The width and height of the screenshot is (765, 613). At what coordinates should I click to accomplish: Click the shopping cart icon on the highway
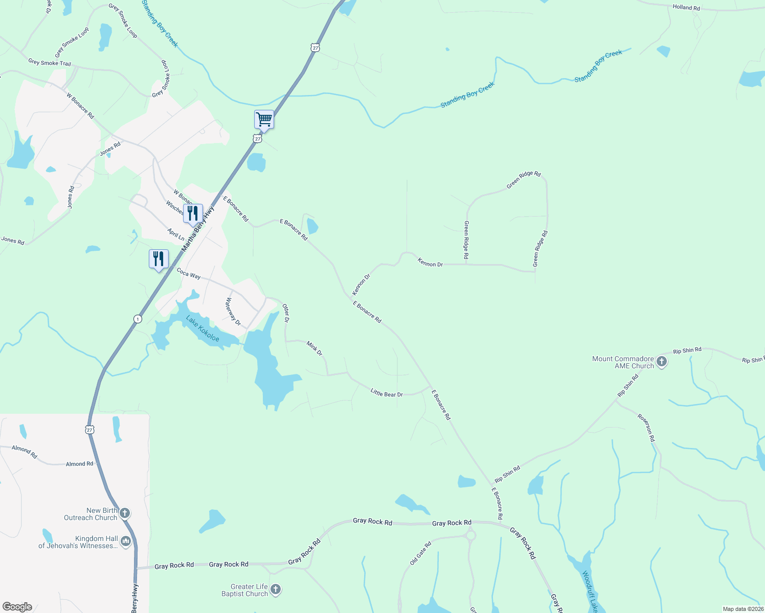pyautogui.click(x=264, y=120)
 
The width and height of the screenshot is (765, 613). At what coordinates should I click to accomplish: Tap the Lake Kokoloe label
pyautogui.click(x=202, y=329)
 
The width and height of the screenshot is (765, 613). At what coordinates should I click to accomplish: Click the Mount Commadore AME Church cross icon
pyautogui.click(x=662, y=362)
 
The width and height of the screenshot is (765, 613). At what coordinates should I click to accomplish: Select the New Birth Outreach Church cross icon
pyautogui.click(x=125, y=513)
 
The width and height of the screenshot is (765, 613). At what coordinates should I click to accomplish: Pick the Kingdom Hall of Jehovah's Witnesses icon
pyautogui.click(x=126, y=541)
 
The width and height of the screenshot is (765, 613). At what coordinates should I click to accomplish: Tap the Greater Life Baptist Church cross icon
pyautogui.click(x=276, y=590)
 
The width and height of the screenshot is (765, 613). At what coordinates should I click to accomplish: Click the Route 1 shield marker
pyautogui.click(x=138, y=319)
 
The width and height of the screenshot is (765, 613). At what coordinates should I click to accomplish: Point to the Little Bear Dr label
pyautogui.click(x=387, y=393)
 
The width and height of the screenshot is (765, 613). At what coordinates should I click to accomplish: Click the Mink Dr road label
pyautogui.click(x=314, y=348)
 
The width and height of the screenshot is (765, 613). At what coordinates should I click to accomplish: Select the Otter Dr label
pyautogui.click(x=286, y=313)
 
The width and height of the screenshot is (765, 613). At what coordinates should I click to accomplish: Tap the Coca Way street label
pyautogui.click(x=189, y=274)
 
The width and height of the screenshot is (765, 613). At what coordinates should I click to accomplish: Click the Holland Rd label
pyautogui.click(x=686, y=7)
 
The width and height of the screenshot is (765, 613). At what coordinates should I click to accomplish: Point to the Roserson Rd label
pyautogui.click(x=646, y=428)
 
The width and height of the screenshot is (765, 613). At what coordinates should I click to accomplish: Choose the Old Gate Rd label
pyautogui.click(x=420, y=553)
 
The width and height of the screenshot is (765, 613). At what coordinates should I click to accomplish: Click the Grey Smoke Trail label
pyautogui.click(x=50, y=63)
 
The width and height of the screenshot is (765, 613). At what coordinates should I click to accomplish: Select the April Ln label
pyautogui.click(x=176, y=234)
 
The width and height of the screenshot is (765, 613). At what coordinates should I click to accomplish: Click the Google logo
pyautogui.click(x=17, y=606)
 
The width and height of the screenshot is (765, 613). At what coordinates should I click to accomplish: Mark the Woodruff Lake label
pyautogui.click(x=590, y=592)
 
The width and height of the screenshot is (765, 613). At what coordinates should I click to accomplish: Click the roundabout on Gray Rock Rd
pyautogui.click(x=470, y=535)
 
